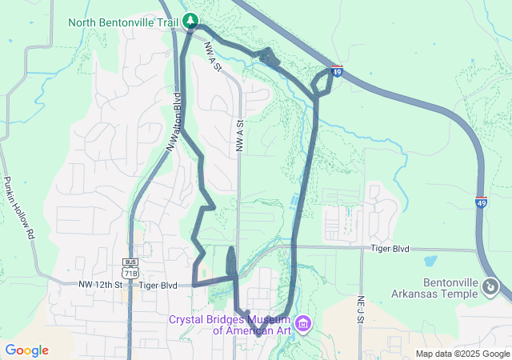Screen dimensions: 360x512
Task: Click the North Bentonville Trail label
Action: [122, 22]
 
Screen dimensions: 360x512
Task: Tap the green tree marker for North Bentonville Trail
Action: [190, 21]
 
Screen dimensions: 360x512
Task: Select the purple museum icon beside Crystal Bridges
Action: [303, 324]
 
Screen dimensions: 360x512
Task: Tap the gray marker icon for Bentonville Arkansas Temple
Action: [491, 286]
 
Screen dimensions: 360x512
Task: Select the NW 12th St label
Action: [100, 285]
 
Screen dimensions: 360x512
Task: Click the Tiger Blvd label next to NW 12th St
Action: [158, 285]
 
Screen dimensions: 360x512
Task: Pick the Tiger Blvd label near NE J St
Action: [390, 250]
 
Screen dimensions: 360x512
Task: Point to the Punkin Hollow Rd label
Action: [21, 208]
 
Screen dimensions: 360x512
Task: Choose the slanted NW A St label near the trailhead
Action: [212, 58]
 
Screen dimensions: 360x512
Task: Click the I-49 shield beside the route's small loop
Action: [337, 72]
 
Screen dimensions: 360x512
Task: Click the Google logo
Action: [26, 350]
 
